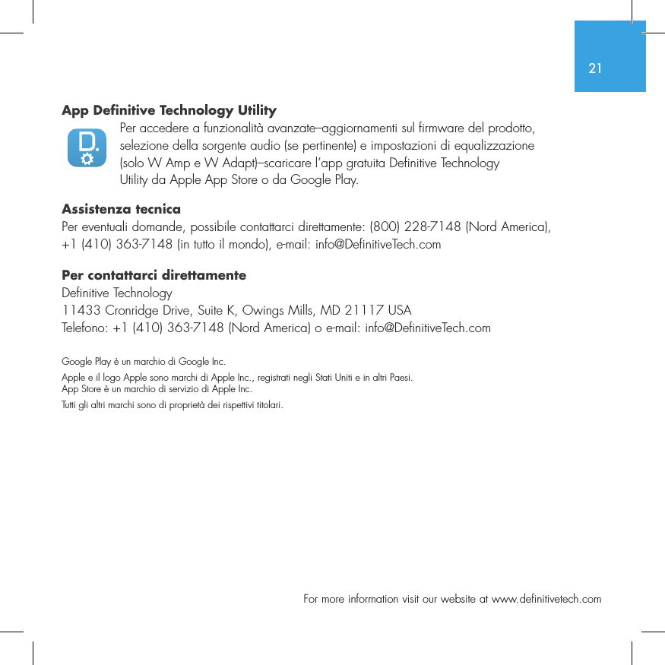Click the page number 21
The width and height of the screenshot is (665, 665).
click(x=595, y=68)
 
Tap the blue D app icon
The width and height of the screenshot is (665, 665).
click(x=87, y=147)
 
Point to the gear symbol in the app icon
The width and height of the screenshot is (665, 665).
click(x=87, y=158)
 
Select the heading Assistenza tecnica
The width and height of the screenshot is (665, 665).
click(x=121, y=209)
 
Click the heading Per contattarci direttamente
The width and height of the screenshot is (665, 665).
click(x=154, y=275)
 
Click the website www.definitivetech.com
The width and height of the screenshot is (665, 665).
click(x=546, y=600)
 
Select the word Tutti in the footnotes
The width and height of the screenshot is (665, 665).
click(x=68, y=405)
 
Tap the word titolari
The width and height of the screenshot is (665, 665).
click(x=268, y=405)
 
